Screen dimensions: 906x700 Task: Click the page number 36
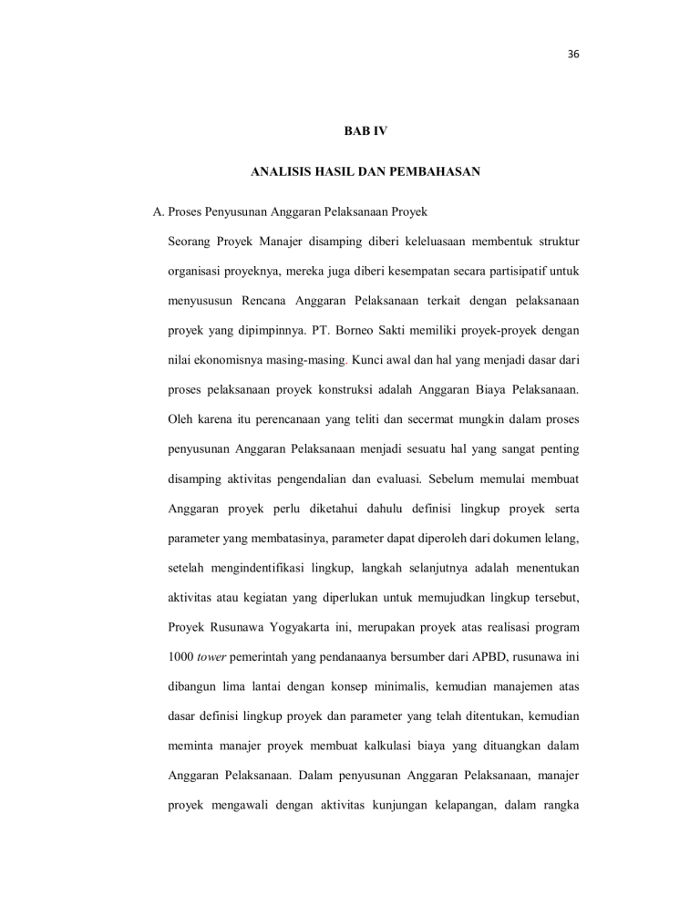[x=572, y=53]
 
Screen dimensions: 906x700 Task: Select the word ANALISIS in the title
[x=278, y=170]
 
